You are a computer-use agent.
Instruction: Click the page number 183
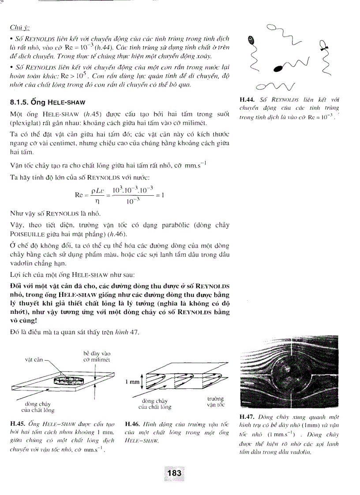click(x=174, y=472)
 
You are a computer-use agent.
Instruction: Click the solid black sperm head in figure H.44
click(x=279, y=68)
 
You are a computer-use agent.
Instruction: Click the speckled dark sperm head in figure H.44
click(x=252, y=40)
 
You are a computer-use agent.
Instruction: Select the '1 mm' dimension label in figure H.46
click(x=131, y=382)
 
